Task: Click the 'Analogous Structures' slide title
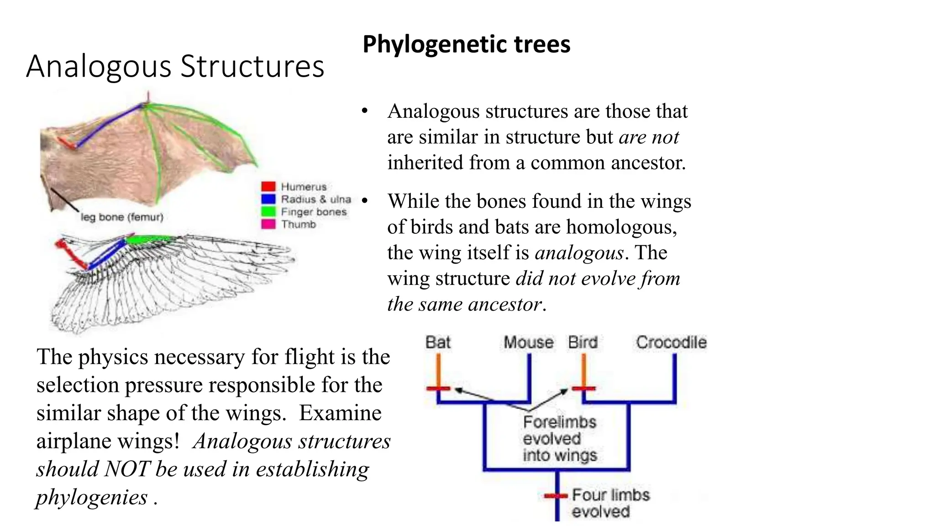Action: coord(175,66)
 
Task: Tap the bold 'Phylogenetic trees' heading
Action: coord(466,44)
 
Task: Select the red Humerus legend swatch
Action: coord(268,186)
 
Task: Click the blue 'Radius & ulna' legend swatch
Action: coord(268,199)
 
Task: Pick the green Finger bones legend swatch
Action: coord(268,211)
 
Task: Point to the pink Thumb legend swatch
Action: coord(268,224)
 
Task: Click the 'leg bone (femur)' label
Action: coord(122,217)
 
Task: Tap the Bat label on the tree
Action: coord(438,342)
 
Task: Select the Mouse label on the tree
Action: coord(528,342)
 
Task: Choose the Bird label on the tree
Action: coord(583,342)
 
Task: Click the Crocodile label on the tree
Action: coord(671,342)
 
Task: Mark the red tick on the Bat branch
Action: coord(438,389)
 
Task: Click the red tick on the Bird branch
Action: coord(584,389)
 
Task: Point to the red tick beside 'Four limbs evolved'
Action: coord(556,495)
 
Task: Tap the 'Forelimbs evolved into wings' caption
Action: coord(560,438)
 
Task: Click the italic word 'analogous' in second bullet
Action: coord(579,252)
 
